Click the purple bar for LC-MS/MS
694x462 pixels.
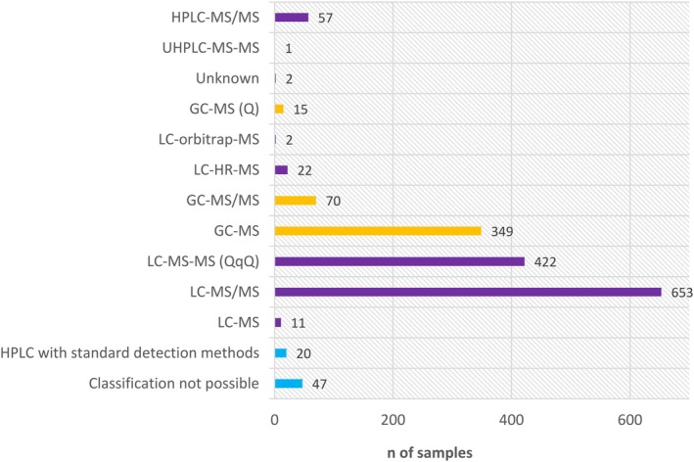[x=468, y=292]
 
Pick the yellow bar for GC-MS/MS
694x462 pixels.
[x=296, y=201]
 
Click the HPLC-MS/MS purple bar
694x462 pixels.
[x=292, y=18]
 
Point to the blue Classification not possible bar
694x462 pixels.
[x=289, y=384]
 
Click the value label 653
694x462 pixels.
[x=680, y=293]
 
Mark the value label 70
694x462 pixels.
[x=333, y=202]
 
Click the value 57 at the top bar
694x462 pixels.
[x=325, y=19]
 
